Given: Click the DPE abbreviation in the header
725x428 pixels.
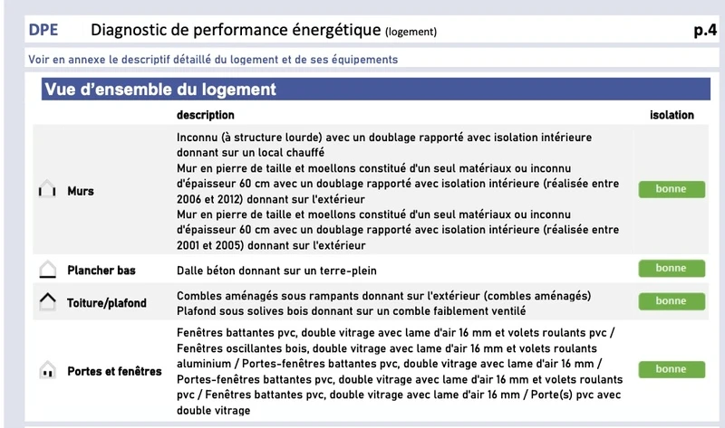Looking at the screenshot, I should click(x=43, y=31).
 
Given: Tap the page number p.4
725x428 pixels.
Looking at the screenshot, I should click(x=705, y=31).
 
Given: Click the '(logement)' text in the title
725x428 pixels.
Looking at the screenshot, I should click(x=411, y=33).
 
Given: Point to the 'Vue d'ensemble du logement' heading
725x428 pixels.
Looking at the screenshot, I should click(x=160, y=90).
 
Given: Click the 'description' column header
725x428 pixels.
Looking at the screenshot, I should click(x=206, y=115).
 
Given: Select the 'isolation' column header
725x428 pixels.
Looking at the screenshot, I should click(x=672, y=115).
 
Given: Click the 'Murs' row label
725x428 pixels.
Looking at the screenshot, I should click(x=81, y=192).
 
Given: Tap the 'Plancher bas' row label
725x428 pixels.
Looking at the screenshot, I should click(x=101, y=270).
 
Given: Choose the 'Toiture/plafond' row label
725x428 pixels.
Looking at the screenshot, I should click(x=107, y=303).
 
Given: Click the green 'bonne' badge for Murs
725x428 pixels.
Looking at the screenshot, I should click(x=672, y=190).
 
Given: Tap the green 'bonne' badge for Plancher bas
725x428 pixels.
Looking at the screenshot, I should click(x=672, y=269).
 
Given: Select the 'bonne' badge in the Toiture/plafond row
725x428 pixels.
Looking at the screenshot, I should click(x=672, y=301).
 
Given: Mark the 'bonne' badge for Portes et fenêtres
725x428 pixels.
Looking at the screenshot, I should click(x=672, y=369).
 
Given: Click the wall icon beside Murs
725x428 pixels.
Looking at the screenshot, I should click(x=47, y=192).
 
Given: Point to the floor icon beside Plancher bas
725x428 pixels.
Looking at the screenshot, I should click(x=48, y=270).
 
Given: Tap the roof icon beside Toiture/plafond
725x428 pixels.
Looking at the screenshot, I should click(x=48, y=302).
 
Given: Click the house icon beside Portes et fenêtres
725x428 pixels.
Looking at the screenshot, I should click(x=48, y=371).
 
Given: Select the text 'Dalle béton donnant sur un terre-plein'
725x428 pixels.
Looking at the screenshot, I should click(x=276, y=271).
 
